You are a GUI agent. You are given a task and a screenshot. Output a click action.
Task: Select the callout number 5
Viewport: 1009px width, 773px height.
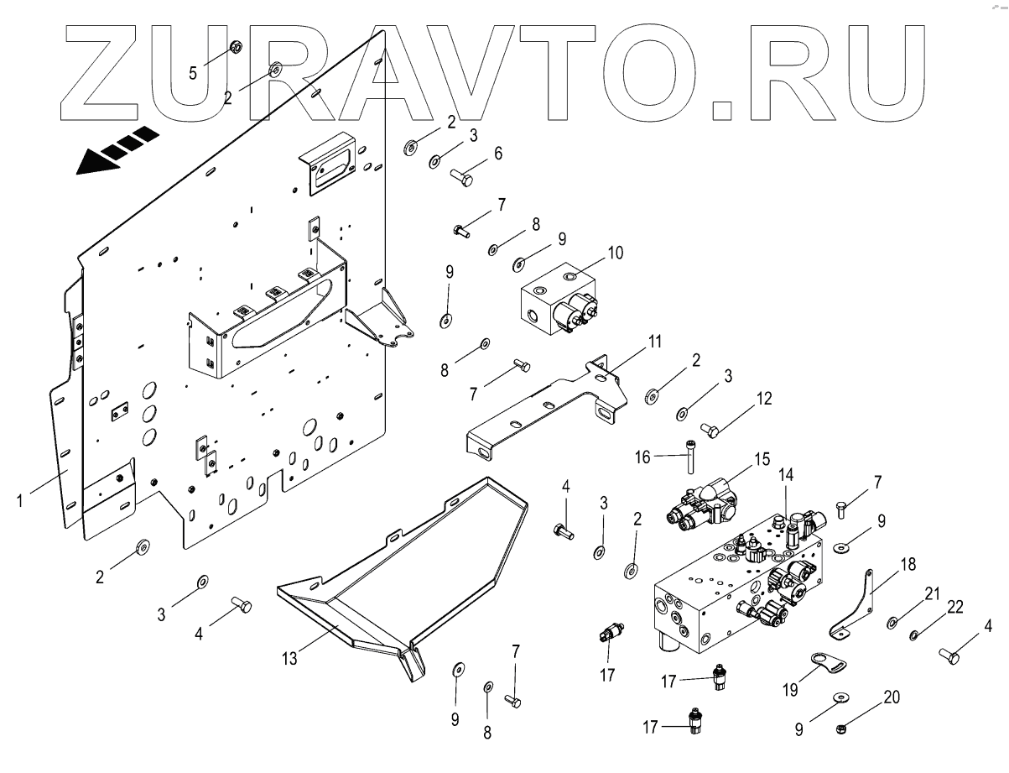tap(193, 73)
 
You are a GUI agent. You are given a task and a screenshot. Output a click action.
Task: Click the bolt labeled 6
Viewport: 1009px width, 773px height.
tap(461, 177)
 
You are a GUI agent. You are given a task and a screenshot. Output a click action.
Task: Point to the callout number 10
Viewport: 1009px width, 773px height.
tap(616, 252)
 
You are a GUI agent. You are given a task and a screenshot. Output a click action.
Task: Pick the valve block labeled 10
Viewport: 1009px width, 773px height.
tap(554, 302)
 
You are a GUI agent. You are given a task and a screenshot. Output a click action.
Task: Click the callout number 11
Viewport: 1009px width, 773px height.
tap(654, 342)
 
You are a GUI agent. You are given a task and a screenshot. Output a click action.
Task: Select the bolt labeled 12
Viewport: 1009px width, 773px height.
tap(709, 431)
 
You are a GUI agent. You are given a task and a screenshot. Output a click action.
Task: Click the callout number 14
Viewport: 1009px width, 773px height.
tap(787, 473)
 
